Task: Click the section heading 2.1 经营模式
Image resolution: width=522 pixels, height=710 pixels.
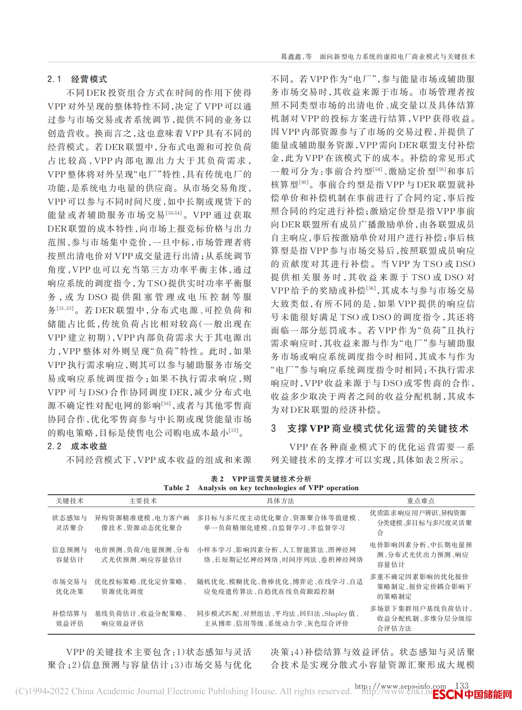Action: click(x=77, y=79)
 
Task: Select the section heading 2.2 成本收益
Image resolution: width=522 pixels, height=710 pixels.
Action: click(x=77, y=446)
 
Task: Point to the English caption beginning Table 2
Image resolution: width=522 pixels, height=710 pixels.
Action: click(x=261, y=488)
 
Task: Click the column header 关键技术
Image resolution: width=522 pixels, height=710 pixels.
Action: click(x=69, y=501)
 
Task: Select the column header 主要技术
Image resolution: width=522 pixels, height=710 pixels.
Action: click(x=143, y=501)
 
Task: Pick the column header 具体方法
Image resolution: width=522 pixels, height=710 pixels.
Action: click(x=280, y=501)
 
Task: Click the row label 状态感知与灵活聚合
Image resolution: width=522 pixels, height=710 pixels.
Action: click(x=69, y=523)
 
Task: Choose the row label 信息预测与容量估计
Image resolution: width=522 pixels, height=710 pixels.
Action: click(x=69, y=555)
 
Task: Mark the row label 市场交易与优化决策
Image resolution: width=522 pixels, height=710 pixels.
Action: click(x=69, y=587)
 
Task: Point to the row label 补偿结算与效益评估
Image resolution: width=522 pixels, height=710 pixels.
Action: click(x=69, y=618)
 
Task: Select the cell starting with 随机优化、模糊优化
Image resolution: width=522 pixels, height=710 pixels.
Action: click(x=280, y=587)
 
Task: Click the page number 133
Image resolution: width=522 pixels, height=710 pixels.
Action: click(x=462, y=685)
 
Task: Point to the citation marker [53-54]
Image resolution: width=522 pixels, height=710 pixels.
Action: click(x=174, y=213)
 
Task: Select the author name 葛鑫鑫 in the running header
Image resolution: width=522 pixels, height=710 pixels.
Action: click(x=291, y=57)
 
